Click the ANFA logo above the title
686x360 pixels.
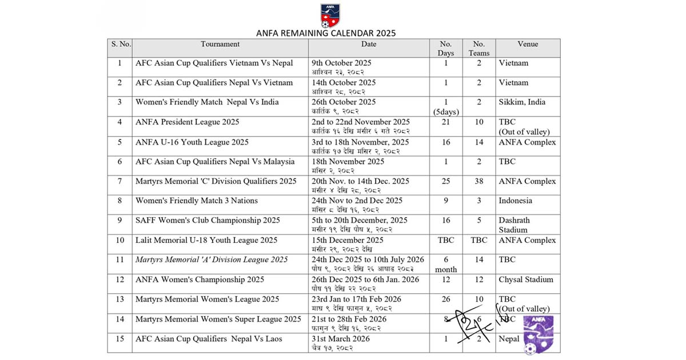[x=330, y=16]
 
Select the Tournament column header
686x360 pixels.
[x=220, y=44]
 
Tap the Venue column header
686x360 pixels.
[x=527, y=44]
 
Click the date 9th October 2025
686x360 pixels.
[x=341, y=63]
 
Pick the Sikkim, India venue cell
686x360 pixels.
[x=522, y=102]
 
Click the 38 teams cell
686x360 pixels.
[x=479, y=181]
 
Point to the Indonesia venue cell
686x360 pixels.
[x=515, y=201]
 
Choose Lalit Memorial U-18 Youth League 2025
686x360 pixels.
[x=206, y=241]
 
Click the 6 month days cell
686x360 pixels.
[x=446, y=265]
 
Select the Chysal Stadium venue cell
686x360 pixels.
[x=526, y=279]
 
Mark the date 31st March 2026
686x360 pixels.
[x=341, y=339]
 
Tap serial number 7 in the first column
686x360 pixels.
[x=119, y=181]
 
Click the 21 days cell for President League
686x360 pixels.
[x=446, y=122]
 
